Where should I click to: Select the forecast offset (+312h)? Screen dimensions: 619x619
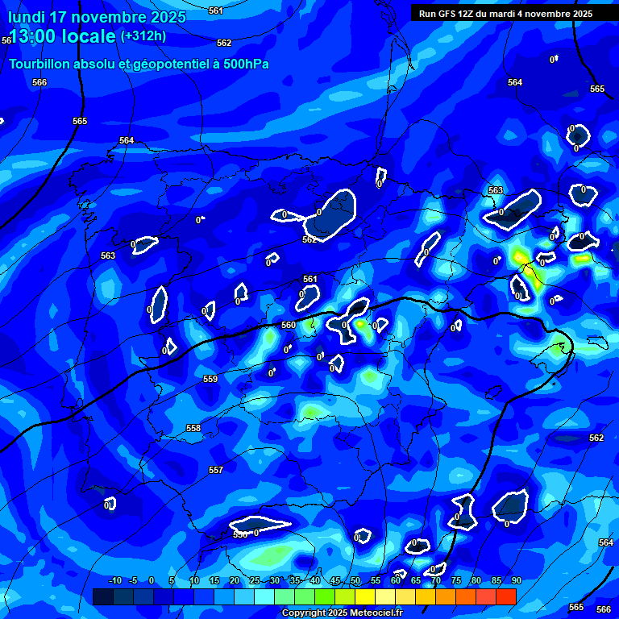pos(143,35)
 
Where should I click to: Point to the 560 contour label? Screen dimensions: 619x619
pos(289,325)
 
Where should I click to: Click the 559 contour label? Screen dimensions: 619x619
pos(210,379)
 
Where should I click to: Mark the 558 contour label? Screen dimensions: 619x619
pos(193,428)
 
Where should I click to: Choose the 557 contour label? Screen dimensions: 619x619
pos(216,470)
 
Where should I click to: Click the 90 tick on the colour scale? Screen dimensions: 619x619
pos(516,581)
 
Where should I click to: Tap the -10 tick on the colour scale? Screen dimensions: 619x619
pos(114,581)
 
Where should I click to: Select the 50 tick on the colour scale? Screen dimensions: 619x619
pos(355,581)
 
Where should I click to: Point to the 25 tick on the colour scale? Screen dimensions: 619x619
pos(255,581)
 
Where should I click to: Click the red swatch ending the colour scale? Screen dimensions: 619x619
pos(506,596)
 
